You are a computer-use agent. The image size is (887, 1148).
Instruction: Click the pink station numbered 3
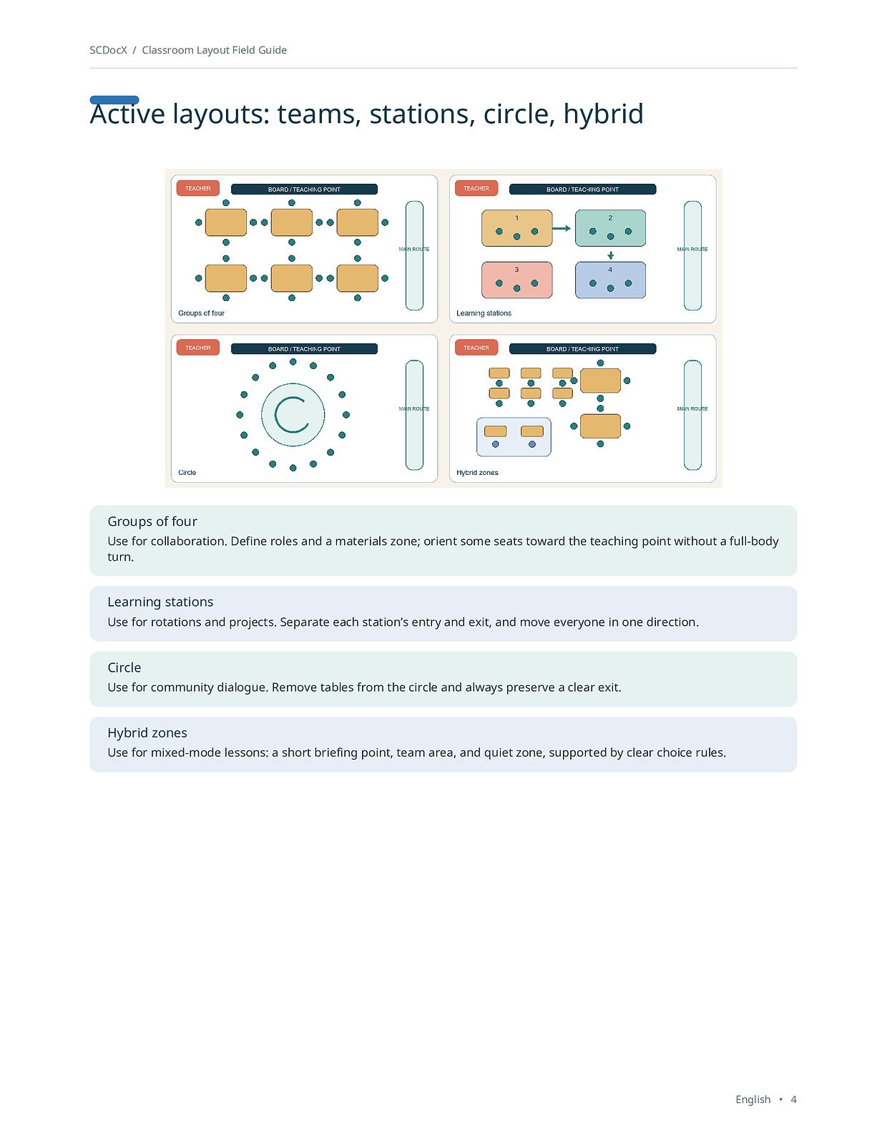(516, 280)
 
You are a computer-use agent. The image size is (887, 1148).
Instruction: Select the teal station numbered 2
(610, 228)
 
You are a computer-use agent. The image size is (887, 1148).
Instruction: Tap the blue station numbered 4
(610, 280)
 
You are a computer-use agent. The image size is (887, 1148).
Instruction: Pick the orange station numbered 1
(516, 228)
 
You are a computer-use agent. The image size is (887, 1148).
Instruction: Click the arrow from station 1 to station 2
(562, 228)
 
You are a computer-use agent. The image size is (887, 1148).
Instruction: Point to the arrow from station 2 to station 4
(611, 255)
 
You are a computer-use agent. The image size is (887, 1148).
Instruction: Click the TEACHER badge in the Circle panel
(197, 348)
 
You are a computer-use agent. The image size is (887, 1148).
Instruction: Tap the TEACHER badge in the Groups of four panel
(197, 188)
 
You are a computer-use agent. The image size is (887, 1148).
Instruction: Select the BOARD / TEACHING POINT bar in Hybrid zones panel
(582, 348)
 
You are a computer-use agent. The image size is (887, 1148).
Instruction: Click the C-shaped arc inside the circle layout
(275, 415)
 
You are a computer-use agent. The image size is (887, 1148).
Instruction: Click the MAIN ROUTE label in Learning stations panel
(692, 250)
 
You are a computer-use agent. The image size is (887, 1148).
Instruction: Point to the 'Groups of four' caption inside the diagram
(201, 313)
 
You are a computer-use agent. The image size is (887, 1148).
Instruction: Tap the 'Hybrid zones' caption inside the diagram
(477, 473)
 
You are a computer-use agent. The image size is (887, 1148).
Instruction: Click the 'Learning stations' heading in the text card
(160, 602)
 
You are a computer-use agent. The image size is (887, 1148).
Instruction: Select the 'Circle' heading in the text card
(124, 667)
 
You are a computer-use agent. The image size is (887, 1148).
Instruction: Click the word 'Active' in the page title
(127, 114)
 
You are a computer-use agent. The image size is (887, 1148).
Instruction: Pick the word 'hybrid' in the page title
(603, 114)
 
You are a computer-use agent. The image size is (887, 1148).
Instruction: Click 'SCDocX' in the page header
(108, 50)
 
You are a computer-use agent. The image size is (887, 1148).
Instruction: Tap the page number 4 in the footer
(793, 1099)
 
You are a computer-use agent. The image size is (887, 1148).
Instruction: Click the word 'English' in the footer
(753, 1100)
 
